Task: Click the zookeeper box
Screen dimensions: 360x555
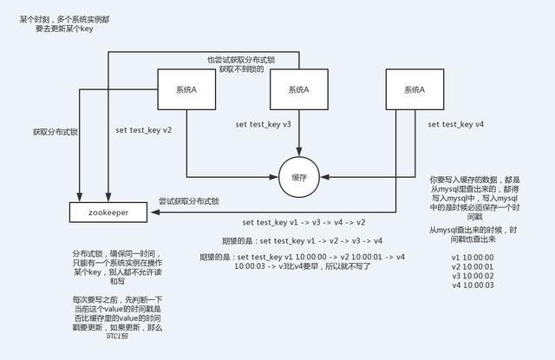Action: tap(110, 211)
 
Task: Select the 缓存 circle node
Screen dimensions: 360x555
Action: tap(299, 177)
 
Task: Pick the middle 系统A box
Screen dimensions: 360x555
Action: tap(299, 89)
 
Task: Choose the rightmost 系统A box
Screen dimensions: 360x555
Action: tap(418, 89)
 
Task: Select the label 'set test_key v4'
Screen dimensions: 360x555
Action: tap(456, 125)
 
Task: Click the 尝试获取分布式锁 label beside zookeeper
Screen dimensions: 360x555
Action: tap(188, 201)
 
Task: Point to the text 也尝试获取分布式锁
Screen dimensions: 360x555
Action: tap(241, 59)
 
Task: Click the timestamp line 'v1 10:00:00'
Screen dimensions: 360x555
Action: tap(472, 258)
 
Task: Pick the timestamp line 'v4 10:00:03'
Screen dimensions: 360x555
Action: tap(472, 285)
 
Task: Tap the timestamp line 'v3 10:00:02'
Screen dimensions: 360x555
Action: tap(472, 276)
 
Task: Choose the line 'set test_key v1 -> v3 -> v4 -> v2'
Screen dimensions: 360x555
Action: tap(304, 223)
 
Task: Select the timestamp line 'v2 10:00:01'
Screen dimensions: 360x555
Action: tap(472, 266)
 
